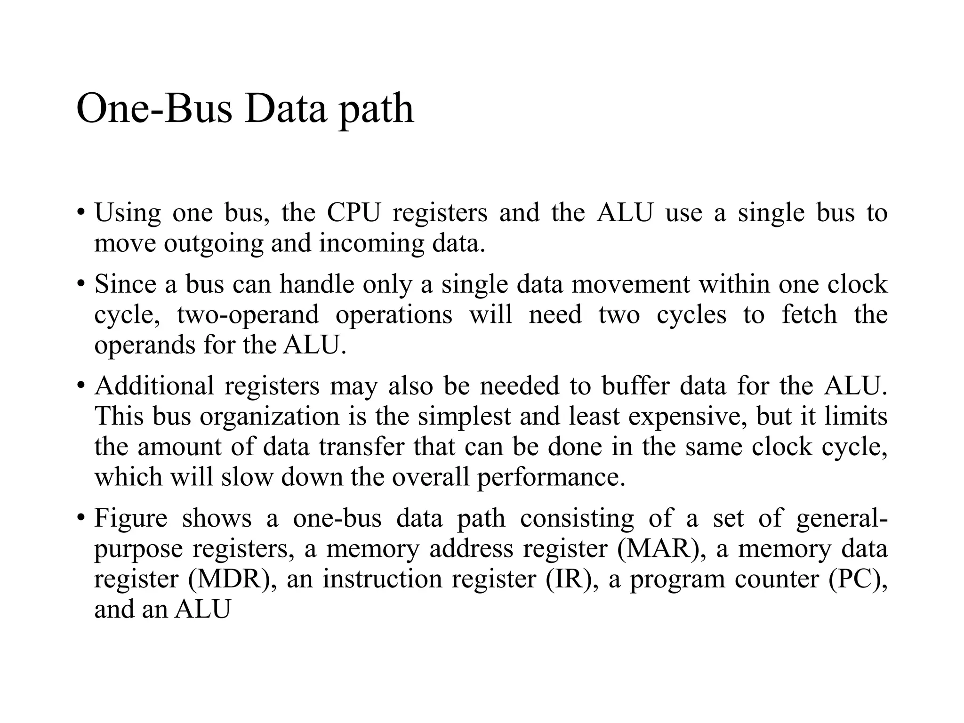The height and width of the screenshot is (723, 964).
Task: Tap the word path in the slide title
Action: coord(376,111)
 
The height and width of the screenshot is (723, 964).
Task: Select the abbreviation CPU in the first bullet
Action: coord(353,213)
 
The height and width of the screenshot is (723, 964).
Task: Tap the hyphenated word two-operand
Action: coord(248,315)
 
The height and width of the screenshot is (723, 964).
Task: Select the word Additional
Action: coord(154,386)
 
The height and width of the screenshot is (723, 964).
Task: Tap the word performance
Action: coord(551,478)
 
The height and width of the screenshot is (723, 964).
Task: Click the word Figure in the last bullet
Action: coord(130,518)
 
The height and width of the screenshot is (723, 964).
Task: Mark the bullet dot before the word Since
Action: coord(81,284)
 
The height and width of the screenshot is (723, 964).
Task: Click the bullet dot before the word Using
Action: coord(81,213)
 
